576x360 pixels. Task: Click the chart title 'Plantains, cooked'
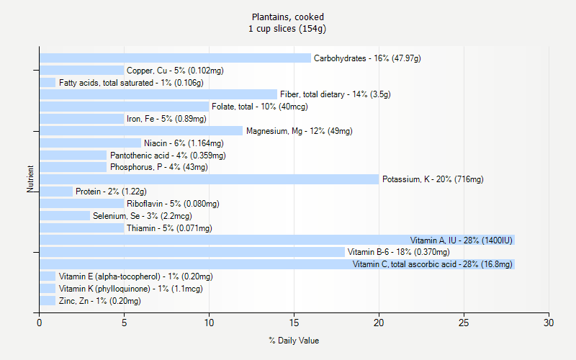[x=288, y=17]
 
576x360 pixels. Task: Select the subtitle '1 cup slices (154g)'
[x=288, y=29]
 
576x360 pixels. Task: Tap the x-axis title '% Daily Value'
[x=294, y=340]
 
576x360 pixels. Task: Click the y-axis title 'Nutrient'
[x=31, y=179]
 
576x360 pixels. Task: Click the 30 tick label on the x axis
[x=549, y=323]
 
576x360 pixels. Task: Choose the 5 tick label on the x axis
[x=124, y=323]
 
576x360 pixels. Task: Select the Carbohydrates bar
[x=175, y=58]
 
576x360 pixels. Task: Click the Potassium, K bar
[x=209, y=179]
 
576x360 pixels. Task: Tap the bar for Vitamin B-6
[x=192, y=252]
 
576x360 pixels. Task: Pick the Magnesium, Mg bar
[x=141, y=131]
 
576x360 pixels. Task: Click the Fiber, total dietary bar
[x=158, y=94]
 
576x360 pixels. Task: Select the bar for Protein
[x=56, y=192]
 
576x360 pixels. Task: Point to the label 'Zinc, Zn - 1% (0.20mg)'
[x=100, y=301]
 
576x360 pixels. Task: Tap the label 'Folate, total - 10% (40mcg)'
[x=260, y=107]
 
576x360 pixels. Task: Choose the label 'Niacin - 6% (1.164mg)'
[x=184, y=143]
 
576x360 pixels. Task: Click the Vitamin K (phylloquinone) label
[x=131, y=289]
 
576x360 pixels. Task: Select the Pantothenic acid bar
[x=73, y=155]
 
